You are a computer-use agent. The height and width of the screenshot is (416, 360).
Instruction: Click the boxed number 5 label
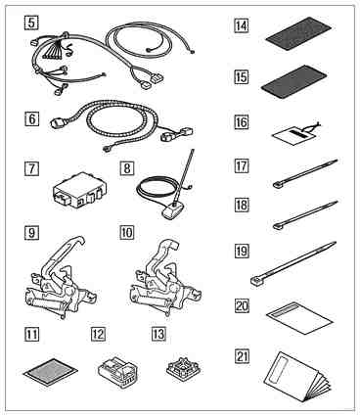(x=31, y=23)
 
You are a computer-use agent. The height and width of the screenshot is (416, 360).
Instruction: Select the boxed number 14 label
(x=242, y=25)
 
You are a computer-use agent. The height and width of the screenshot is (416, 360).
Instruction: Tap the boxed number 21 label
(x=242, y=356)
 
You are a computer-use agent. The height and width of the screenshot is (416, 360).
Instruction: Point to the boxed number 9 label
(x=31, y=233)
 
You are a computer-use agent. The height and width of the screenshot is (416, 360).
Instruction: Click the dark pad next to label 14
(x=298, y=33)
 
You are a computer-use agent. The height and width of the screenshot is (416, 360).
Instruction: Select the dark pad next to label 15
(x=294, y=82)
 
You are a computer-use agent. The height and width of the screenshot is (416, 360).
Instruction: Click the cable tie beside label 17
(x=305, y=173)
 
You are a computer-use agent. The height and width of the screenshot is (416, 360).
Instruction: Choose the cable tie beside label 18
(x=305, y=215)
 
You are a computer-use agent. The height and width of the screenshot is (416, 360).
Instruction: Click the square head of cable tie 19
(x=256, y=282)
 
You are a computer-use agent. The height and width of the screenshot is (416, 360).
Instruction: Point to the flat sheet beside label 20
(x=299, y=318)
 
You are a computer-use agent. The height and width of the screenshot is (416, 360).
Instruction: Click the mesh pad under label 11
(x=51, y=372)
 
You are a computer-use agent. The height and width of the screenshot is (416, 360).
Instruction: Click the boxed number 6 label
(x=31, y=118)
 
